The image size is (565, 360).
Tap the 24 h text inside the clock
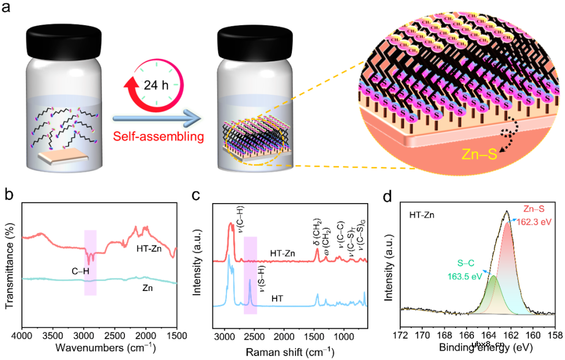point(156,84)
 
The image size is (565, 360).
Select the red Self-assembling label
point(156,137)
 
